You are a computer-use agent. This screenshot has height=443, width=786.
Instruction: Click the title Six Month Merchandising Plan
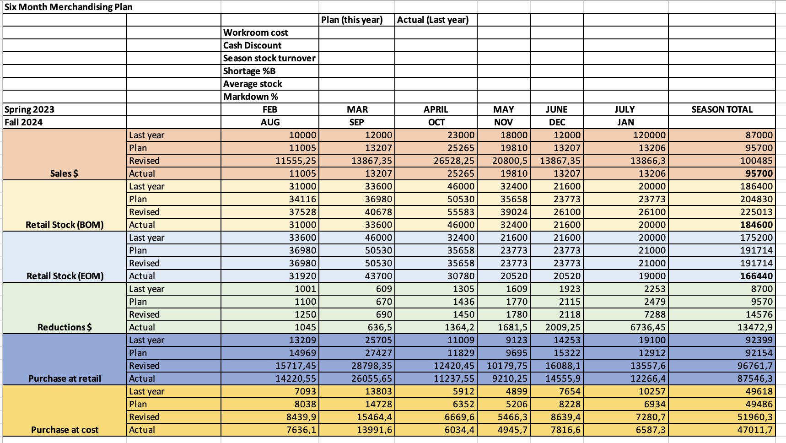(x=69, y=7)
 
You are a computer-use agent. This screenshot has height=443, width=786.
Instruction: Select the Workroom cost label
(x=255, y=32)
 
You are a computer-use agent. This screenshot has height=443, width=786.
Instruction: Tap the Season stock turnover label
(x=269, y=58)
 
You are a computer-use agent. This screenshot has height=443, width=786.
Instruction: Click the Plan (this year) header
(x=352, y=20)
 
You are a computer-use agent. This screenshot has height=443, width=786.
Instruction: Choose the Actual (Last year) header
(x=433, y=20)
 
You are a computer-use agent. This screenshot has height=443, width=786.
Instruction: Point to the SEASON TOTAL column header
(x=721, y=109)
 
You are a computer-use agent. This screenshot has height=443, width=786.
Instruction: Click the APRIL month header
(x=436, y=109)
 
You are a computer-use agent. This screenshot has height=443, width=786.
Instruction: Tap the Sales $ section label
(x=64, y=173)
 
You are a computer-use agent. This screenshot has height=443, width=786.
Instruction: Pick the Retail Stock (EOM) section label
(x=65, y=276)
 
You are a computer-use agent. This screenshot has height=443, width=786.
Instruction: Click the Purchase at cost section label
(x=65, y=430)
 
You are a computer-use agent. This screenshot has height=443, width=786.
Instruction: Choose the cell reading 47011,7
(x=755, y=430)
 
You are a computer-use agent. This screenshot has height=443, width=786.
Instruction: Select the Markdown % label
(x=250, y=97)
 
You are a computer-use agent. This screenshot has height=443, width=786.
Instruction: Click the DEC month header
(x=557, y=122)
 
